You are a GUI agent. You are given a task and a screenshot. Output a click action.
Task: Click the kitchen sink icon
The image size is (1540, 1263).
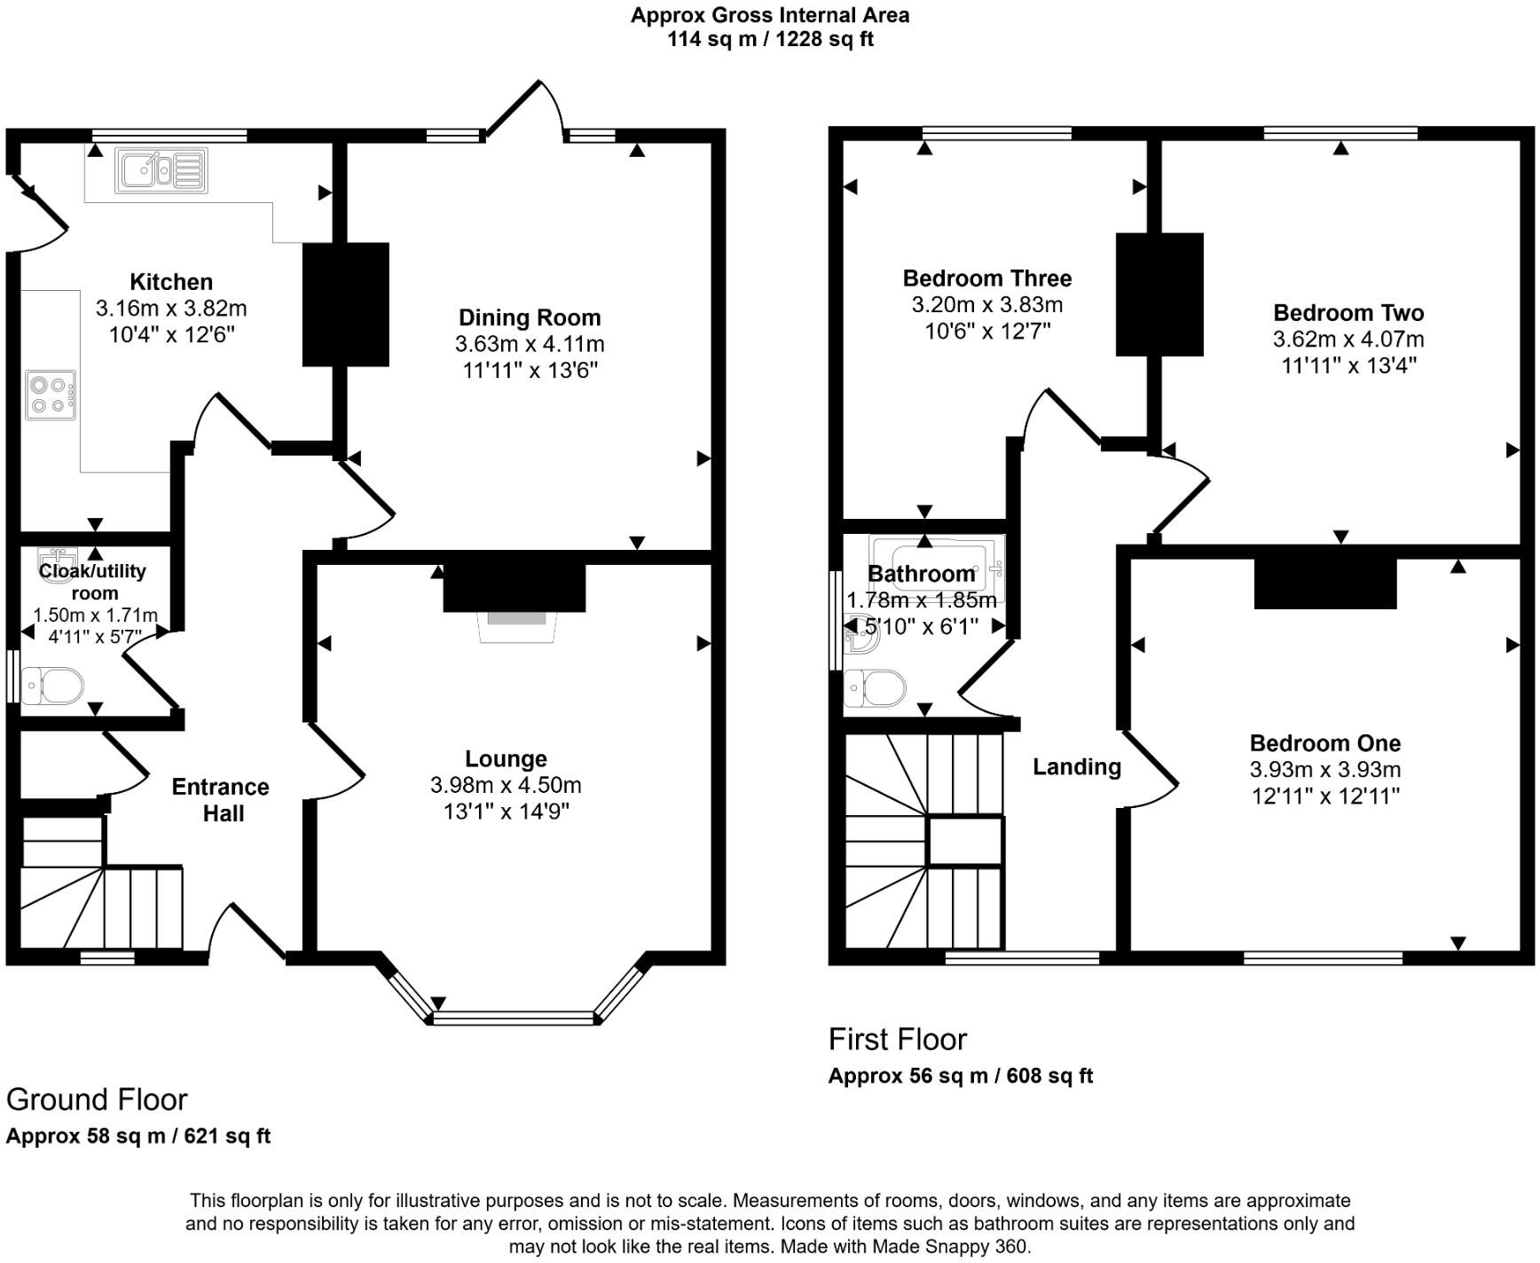point(161,170)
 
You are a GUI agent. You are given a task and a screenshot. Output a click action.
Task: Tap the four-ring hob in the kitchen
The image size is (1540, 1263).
point(51,396)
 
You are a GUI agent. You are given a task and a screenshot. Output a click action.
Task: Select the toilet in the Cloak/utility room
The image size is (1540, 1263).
point(53,686)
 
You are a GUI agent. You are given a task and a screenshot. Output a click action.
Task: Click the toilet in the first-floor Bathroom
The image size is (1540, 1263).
point(875,688)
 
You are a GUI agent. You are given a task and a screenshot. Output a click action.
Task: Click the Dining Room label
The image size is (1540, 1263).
point(530,318)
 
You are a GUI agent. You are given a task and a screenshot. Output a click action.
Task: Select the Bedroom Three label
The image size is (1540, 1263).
point(986,278)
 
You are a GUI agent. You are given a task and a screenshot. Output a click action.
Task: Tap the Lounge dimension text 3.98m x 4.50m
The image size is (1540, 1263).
point(506,785)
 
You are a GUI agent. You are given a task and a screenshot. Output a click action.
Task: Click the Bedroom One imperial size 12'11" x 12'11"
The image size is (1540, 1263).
point(1325,796)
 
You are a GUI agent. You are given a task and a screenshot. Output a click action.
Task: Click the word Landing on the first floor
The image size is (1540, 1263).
point(1076,767)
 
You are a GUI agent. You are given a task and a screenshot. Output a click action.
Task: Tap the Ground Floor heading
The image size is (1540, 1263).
point(97,1100)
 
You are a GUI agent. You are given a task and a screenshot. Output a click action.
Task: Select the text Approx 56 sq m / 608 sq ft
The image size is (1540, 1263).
point(960,1076)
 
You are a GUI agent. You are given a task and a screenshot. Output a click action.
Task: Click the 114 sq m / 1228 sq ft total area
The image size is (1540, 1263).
point(770,39)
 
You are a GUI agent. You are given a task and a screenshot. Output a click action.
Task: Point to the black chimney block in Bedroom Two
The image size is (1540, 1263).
point(1159,294)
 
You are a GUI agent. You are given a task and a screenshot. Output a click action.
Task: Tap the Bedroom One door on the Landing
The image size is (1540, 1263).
point(1150,770)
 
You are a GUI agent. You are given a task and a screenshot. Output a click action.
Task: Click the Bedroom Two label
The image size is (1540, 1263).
point(1347,313)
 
